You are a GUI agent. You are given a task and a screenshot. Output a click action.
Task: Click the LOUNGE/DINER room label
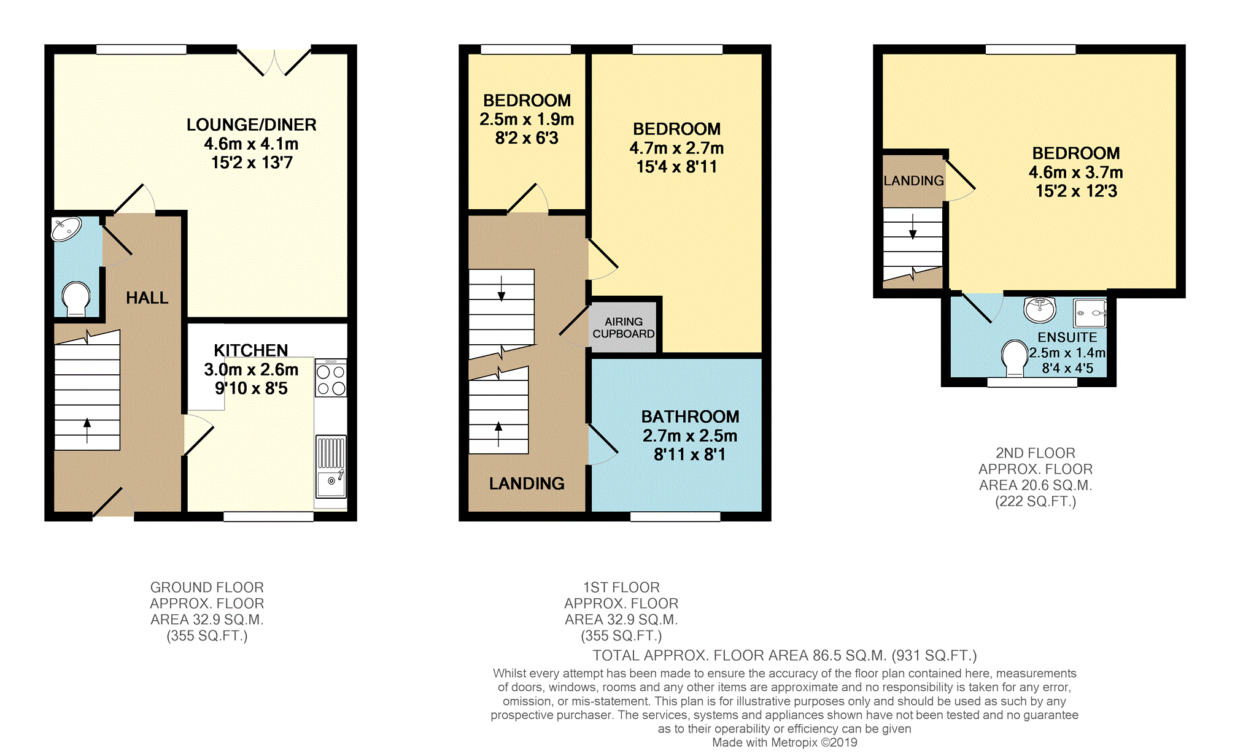(251, 125)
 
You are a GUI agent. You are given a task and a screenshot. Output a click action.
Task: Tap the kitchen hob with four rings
(331, 378)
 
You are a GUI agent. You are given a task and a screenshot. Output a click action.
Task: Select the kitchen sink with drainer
(331, 466)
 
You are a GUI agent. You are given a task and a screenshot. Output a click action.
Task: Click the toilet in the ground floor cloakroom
(76, 298)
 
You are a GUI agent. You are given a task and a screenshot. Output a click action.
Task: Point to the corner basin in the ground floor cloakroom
(66, 229)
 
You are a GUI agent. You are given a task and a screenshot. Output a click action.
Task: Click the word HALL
(147, 298)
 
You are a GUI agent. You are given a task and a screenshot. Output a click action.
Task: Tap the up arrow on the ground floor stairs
(87, 430)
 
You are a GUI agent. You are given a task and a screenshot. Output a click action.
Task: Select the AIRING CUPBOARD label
(624, 328)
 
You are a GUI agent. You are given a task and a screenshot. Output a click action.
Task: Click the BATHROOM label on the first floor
(690, 417)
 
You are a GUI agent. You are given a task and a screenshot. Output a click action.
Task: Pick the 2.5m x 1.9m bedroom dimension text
(527, 119)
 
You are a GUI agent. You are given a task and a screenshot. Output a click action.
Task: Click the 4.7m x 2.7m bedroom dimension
(676, 148)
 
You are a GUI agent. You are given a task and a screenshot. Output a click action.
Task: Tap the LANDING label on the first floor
(527, 483)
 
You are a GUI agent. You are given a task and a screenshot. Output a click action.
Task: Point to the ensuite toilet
(1015, 358)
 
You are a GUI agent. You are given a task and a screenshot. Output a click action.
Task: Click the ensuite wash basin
(1040, 309)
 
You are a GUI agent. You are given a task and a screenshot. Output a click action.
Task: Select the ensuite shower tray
(1090, 313)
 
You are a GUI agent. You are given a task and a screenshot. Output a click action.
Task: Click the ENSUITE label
(1067, 337)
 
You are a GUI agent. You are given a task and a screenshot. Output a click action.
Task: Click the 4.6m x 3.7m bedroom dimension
(1076, 172)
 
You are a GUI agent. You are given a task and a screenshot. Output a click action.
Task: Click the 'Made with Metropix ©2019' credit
(784, 742)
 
